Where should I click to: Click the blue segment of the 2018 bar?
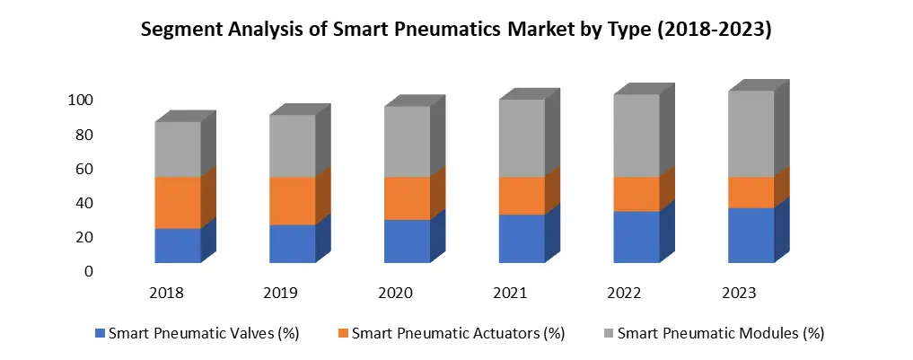tap(177, 245)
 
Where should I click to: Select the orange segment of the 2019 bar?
tap(292, 200)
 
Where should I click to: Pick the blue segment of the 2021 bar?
tap(522, 238)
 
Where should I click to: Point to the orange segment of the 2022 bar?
tap(636, 194)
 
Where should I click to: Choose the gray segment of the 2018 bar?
tap(177, 149)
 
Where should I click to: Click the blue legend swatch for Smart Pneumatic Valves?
tap(100, 334)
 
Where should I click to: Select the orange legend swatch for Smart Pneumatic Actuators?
tap(343, 334)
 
